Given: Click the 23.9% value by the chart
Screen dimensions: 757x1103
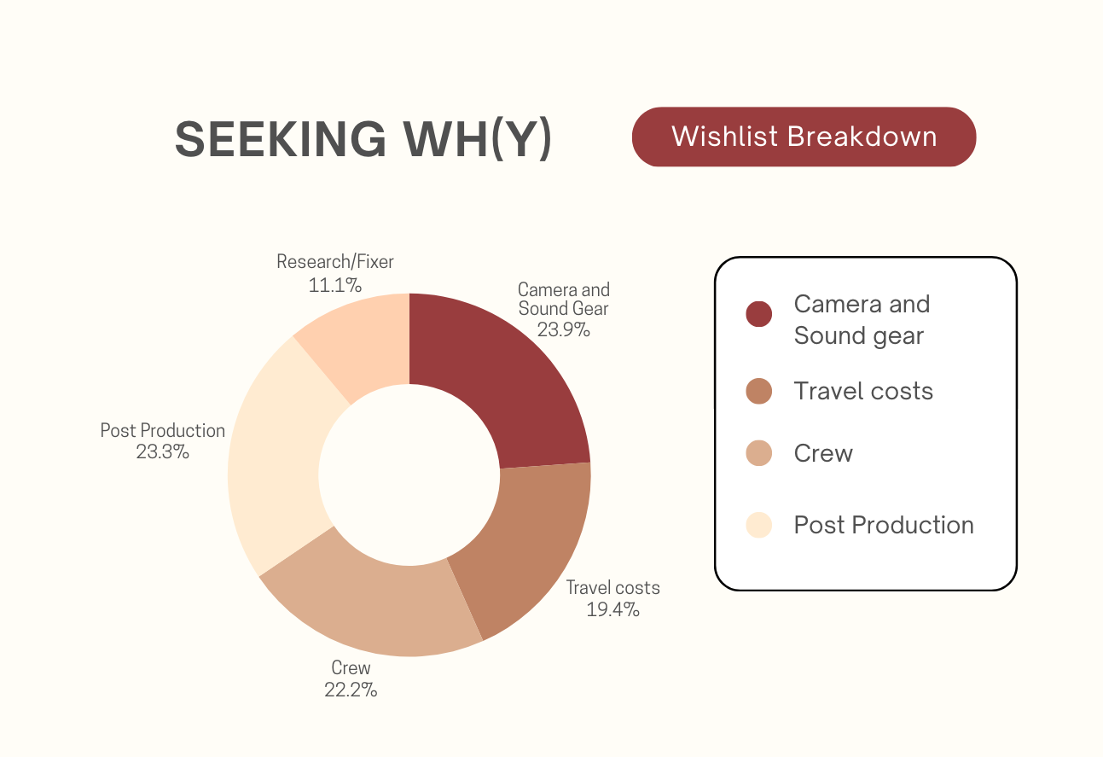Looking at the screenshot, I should coord(563,329).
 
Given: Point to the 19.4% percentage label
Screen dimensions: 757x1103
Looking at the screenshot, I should coord(612,609).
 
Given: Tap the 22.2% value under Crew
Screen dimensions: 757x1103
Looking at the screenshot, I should coord(351,690).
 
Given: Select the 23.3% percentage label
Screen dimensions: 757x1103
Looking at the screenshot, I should coord(162,451).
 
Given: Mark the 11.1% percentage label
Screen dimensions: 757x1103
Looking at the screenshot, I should coord(335,283).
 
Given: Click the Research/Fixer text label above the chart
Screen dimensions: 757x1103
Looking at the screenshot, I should coord(335,262).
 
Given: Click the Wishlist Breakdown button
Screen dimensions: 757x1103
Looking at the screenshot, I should coord(804,137).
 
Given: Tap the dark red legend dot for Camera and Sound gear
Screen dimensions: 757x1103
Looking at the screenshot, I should coord(758,314).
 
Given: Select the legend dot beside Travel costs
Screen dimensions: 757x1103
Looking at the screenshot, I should coord(758,391).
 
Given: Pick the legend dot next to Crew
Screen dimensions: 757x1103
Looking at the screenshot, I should coord(758,453).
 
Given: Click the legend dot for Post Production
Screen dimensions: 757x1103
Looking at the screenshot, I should coord(758,525).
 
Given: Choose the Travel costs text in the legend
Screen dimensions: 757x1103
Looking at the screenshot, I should coord(863,391).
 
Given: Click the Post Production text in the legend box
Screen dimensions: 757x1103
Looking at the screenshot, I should coord(884,525).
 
